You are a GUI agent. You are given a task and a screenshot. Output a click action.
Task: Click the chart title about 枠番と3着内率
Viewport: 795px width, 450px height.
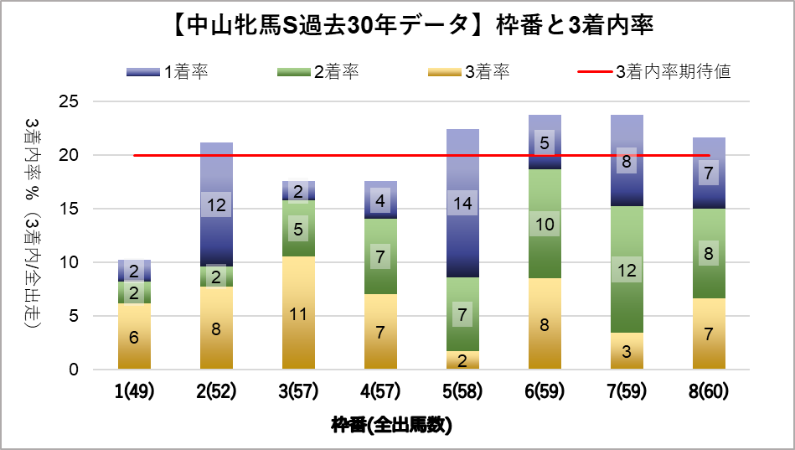click(397, 26)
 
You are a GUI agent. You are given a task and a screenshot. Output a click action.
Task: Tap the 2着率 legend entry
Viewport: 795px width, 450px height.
click(317, 72)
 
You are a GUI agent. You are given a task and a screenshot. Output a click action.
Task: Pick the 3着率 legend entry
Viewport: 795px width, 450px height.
click(468, 72)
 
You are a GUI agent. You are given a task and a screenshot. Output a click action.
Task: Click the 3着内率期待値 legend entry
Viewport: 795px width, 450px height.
click(654, 72)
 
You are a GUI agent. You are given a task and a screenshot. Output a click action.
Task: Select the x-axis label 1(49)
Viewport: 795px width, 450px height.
click(134, 391)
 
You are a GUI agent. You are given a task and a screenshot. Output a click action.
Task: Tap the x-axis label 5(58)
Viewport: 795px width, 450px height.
click(462, 391)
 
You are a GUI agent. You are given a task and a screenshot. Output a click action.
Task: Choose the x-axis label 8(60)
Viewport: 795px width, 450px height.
click(709, 391)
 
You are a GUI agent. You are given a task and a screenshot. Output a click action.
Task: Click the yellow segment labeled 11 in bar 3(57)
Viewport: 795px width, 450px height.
click(298, 313)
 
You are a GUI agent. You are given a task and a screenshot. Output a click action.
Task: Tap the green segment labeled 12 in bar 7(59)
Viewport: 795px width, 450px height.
click(627, 269)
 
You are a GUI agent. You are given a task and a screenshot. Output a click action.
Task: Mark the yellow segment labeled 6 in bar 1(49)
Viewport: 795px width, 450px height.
click(134, 336)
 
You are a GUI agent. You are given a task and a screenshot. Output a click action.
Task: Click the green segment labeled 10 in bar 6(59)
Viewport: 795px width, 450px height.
click(545, 224)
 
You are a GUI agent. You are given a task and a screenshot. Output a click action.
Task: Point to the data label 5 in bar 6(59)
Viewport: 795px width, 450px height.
click(545, 143)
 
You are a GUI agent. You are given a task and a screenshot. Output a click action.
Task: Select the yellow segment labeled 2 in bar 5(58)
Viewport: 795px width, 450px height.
click(462, 360)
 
